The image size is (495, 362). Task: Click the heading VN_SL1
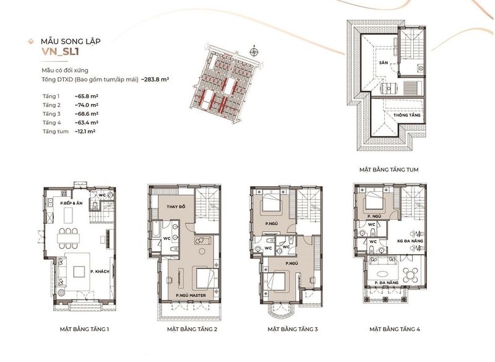pos(60,51)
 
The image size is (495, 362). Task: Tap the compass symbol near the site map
pos(254,52)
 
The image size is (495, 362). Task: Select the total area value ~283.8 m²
pos(155,79)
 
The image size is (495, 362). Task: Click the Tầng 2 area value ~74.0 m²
pos(87,105)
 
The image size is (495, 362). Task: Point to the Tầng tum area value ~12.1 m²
pos(85,131)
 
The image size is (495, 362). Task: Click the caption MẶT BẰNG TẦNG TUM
pos(389,170)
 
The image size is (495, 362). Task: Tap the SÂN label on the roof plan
pos(384,62)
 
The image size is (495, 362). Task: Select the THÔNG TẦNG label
pos(407,115)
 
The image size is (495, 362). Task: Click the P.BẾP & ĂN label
pos(71,203)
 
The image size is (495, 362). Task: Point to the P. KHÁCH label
pos(100,272)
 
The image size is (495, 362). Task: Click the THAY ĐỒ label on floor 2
pos(176,207)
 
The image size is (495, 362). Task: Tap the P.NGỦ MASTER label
pos(191,295)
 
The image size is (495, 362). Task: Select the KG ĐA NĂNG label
pos(410,241)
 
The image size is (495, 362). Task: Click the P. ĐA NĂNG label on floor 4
pos(387,283)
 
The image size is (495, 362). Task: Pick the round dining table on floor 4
pos(410,275)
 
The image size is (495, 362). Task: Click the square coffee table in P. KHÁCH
pos(79,272)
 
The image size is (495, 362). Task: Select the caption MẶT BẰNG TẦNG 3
pos(293,329)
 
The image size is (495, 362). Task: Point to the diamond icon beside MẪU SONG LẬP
pos(31,41)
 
